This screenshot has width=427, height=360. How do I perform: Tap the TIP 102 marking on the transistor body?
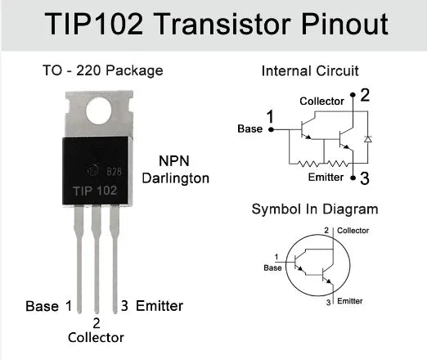tap(89, 190)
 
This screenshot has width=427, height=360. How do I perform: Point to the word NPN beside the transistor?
tap(175, 160)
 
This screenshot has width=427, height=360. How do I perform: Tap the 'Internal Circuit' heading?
tap(310, 71)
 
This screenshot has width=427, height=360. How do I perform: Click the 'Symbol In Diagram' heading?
tap(315, 209)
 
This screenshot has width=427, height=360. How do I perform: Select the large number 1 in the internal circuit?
tap(270, 116)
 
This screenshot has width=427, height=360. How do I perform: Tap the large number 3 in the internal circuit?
tap(365, 178)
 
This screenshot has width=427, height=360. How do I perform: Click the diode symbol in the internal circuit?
tap(366, 137)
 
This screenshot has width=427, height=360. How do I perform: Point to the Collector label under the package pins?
tap(97, 337)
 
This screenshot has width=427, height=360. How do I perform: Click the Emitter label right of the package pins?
tap(159, 306)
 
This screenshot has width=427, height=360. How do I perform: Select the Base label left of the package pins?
tap(42, 306)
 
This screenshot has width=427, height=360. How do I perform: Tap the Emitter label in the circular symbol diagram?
tap(349, 302)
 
